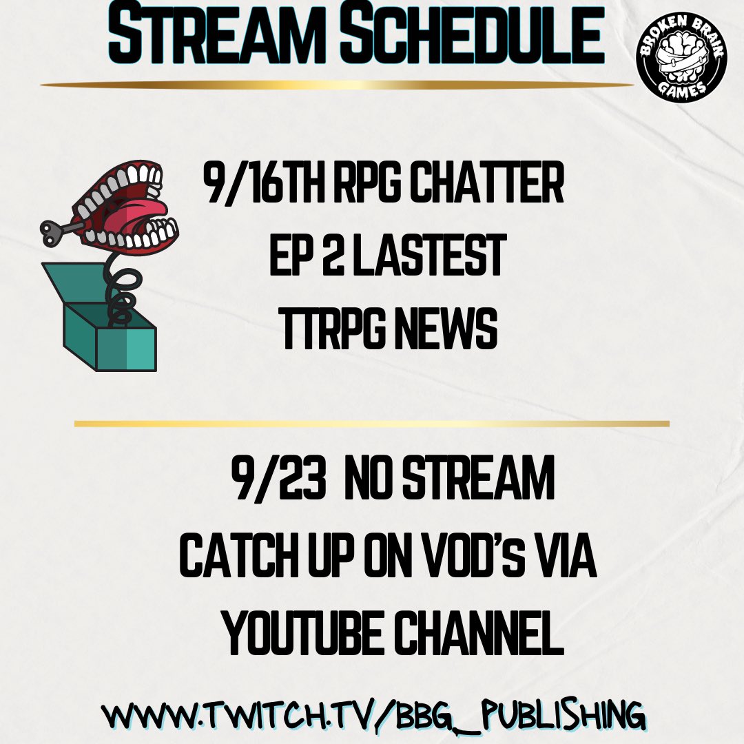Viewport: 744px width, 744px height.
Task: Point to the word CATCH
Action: (238, 560)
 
